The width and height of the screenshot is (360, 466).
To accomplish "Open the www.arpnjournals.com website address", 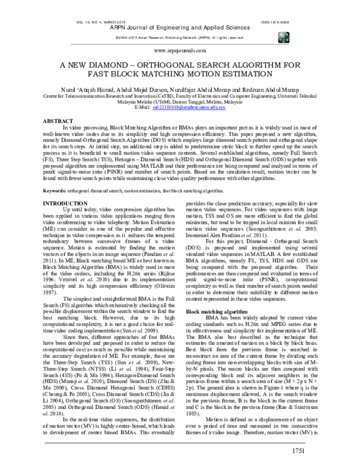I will (180, 52).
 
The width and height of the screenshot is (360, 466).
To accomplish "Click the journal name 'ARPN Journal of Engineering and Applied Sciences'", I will (180, 28).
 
